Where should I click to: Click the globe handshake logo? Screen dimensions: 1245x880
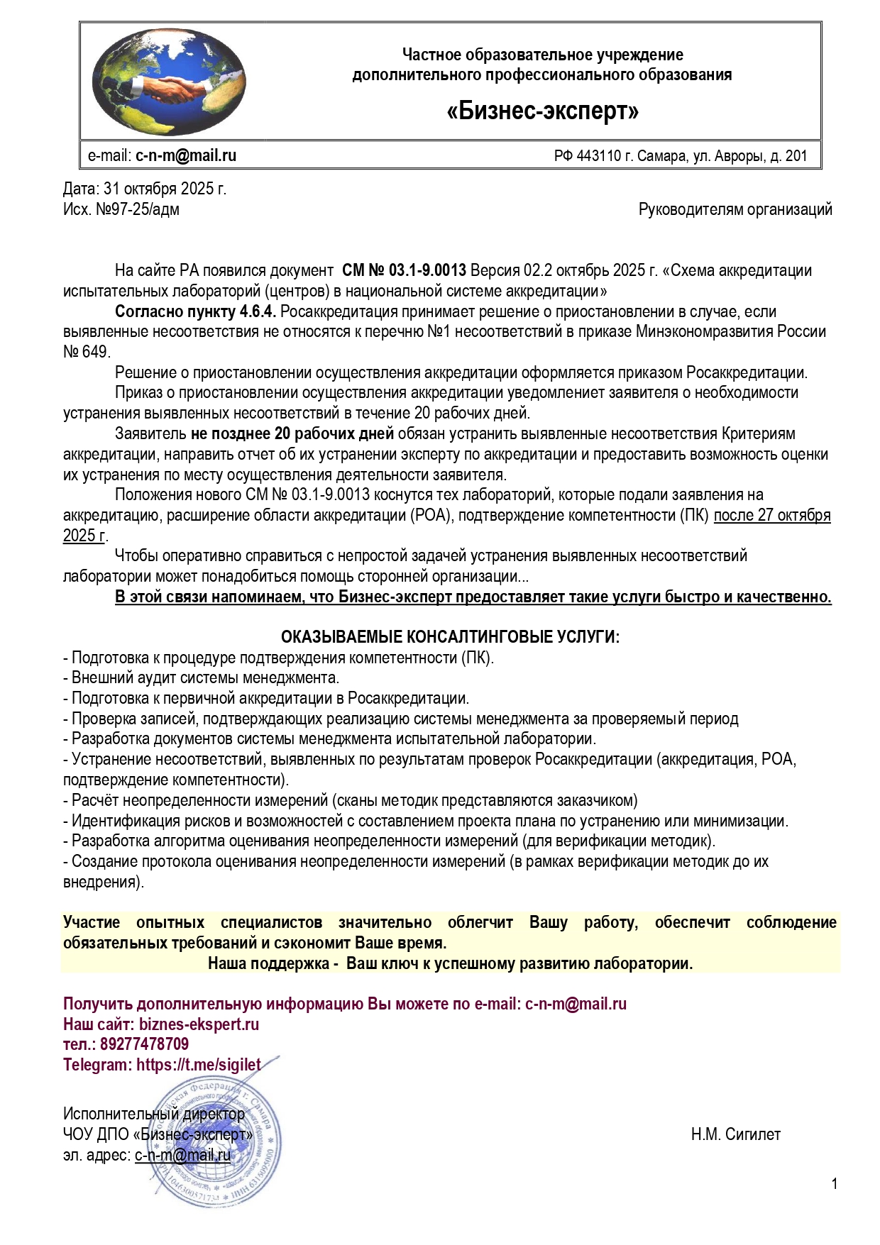(169, 82)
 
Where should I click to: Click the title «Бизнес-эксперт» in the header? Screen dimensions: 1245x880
(543, 111)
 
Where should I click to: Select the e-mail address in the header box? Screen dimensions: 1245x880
(186, 156)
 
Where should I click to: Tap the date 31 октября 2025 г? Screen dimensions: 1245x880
(165, 189)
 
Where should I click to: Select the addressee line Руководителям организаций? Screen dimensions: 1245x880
(735, 209)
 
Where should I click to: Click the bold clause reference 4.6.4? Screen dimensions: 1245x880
(260, 311)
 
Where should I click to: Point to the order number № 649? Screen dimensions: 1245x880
(86, 352)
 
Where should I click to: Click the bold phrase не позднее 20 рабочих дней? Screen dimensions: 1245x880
(292, 433)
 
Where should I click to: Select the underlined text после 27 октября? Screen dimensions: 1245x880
(771, 515)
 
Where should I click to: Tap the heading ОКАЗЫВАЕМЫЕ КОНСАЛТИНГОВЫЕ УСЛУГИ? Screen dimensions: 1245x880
(450, 637)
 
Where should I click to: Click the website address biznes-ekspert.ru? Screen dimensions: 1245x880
(199, 1024)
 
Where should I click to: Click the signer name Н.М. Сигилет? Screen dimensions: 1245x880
(735, 1134)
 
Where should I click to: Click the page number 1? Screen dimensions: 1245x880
(835, 1183)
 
